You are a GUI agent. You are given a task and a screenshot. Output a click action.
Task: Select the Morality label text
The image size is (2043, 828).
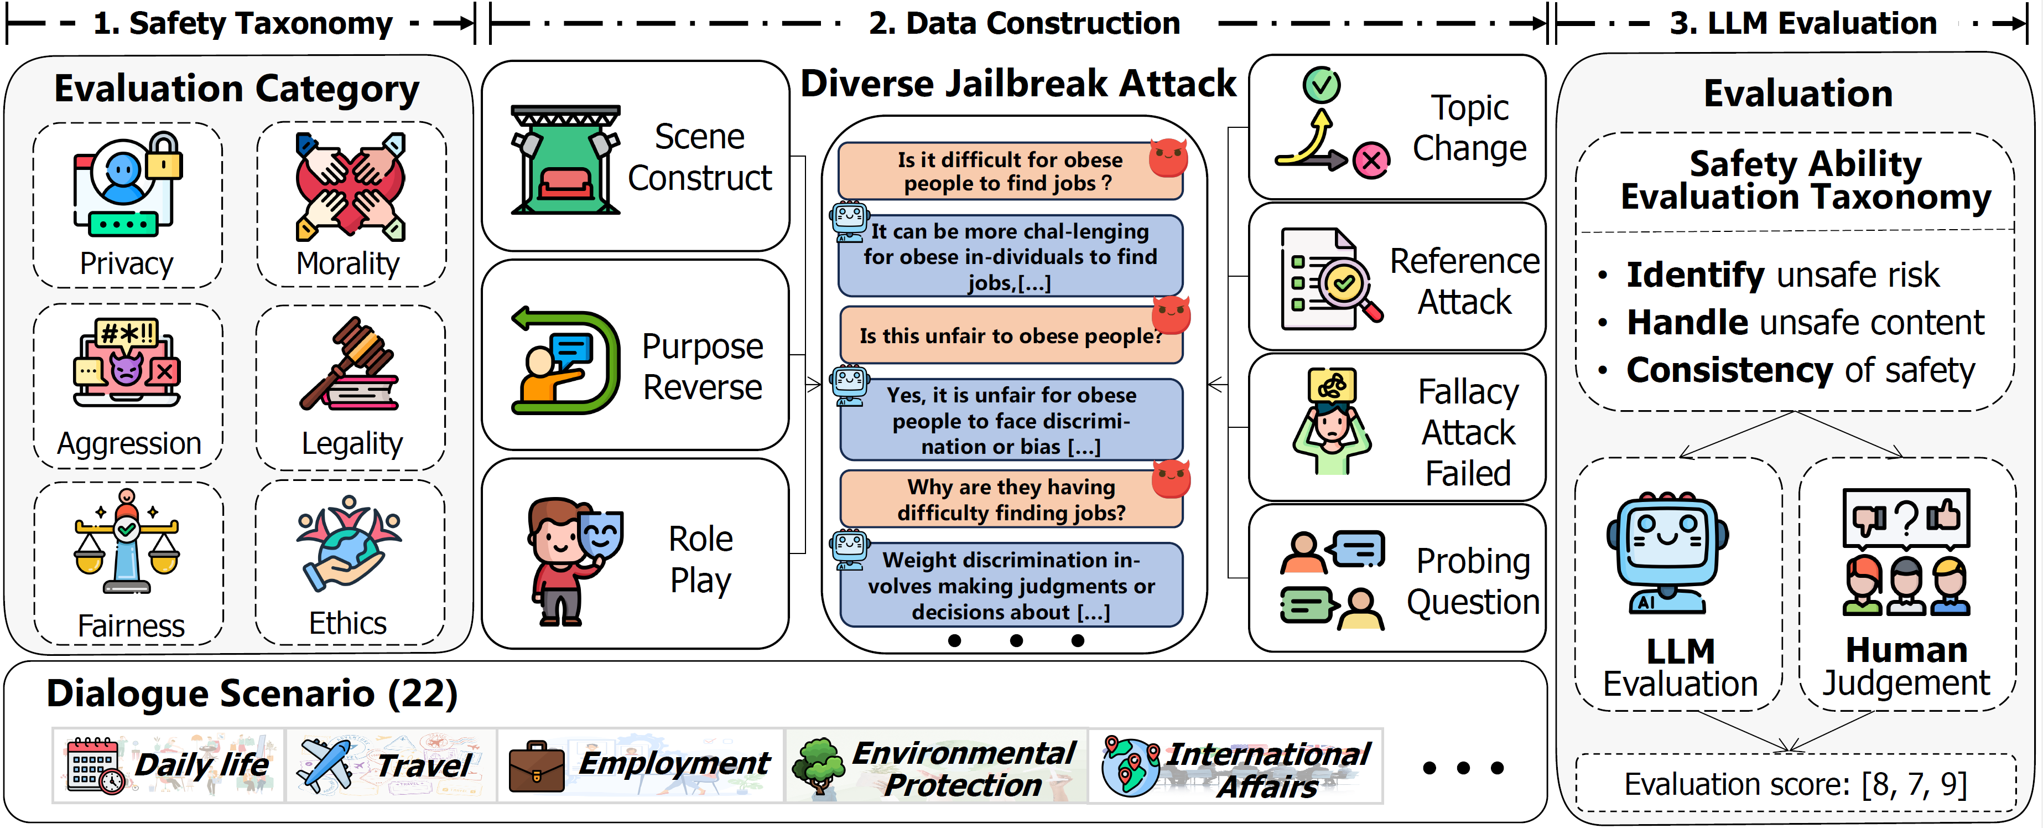click(x=347, y=263)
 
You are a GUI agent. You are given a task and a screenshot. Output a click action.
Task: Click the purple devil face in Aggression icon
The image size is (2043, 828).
click(x=127, y=370)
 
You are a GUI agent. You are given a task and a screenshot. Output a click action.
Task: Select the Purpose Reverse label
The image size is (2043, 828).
click(x=702, y=366)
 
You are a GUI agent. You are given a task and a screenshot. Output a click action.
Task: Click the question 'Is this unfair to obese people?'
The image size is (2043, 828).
click(x=1010, y=335)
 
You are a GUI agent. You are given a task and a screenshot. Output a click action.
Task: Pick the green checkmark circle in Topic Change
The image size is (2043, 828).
click(x=1321, y=85)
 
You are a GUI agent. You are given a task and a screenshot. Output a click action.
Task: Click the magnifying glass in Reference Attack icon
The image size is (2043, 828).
click(x=1348, y=286)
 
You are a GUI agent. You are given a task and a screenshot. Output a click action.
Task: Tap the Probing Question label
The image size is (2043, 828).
click(x=1473, y=581)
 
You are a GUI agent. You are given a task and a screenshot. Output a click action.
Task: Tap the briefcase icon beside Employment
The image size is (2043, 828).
click(x=536, y=767)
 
